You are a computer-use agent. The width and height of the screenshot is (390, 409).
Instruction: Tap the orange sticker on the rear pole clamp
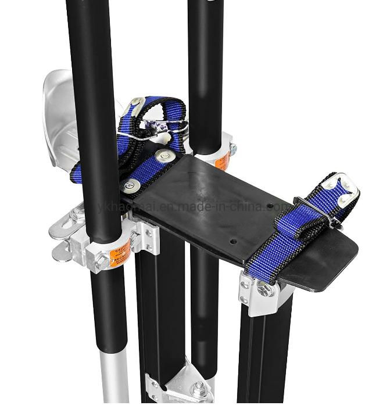[x=223, y=157]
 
